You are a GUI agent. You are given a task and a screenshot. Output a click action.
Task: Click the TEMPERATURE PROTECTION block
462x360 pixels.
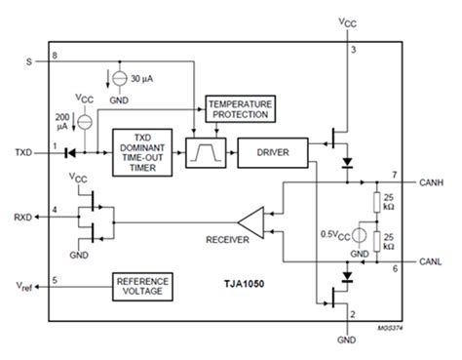[239, 108]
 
